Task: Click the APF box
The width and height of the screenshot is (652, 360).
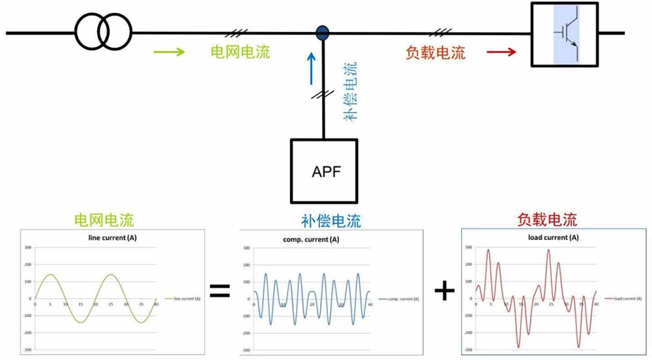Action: [325, 171]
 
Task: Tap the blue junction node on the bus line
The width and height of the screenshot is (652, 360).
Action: [322, 32]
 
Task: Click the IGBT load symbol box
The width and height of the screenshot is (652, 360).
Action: [565, 34]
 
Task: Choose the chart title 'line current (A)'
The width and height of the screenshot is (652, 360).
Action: [112, 238]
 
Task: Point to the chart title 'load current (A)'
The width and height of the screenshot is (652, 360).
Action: [553, 237]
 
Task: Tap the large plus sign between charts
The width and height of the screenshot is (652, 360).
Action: [444, 291]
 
